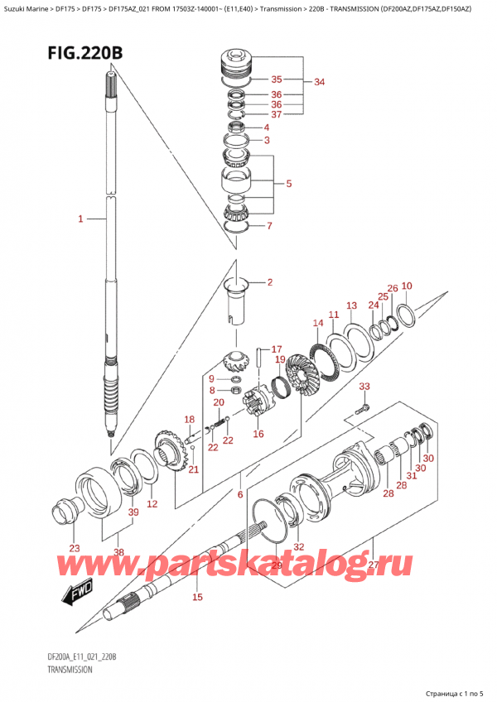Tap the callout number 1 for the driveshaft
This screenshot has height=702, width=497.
click(x=81, y=219)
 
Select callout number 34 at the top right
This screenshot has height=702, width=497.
click(x=320, y=82)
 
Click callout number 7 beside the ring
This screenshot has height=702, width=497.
click(x=267, y=226)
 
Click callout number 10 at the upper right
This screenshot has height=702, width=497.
click(x=407, y=286)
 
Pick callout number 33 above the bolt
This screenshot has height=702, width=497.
click(x=364, y=387)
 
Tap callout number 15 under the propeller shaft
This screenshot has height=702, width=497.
click(x=197, y=597)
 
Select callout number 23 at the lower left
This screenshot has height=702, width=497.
click(x=75, y=548)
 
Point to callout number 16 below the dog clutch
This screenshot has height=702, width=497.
click(x=258, y=433)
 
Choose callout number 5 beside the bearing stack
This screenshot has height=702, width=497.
click(x=288, y=183)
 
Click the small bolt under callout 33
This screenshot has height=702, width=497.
click(x=360, y=407)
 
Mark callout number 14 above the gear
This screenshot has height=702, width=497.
click(x=318, y=323)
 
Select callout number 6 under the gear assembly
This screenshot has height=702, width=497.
click(x=240, y=495)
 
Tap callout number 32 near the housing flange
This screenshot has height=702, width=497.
click(x=298, y=546)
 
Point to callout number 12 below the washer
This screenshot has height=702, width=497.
click(x=152, y=504)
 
